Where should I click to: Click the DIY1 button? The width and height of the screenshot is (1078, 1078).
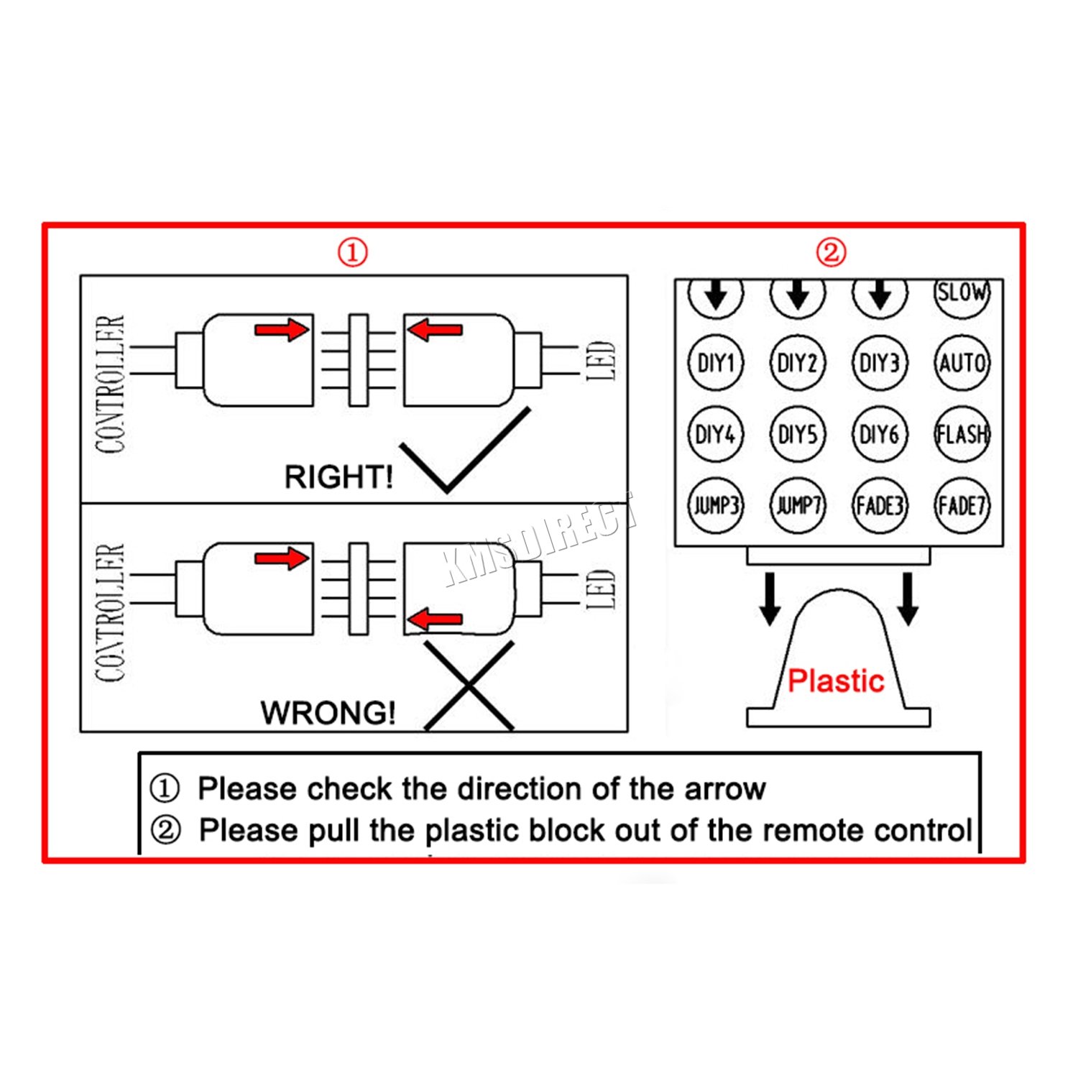coord(716,363)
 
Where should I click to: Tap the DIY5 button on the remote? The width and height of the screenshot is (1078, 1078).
coord(798,434)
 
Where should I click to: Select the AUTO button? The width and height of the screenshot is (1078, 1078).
coord(962,363)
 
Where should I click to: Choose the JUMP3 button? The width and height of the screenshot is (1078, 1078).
coord(716,505)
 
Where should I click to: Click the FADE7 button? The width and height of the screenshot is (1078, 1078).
coord(962,505)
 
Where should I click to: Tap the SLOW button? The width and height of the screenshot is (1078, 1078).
coord(962,294)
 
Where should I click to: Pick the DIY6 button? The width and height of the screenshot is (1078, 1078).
coord(880,434)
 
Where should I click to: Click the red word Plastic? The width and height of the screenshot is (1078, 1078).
coord(836,681)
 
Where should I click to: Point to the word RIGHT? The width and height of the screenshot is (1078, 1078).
coord(338,476)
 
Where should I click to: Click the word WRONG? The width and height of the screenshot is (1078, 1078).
coord(328,712)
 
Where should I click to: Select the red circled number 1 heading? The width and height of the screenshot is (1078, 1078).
coord(353,252)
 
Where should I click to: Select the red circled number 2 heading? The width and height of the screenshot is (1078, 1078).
coord(831,252)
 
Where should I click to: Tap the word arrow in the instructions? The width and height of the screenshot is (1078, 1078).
coord(725,788)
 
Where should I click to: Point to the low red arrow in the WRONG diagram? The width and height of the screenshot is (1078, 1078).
coord(436,619)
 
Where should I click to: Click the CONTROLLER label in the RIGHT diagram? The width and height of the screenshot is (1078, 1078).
coord(110,384)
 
